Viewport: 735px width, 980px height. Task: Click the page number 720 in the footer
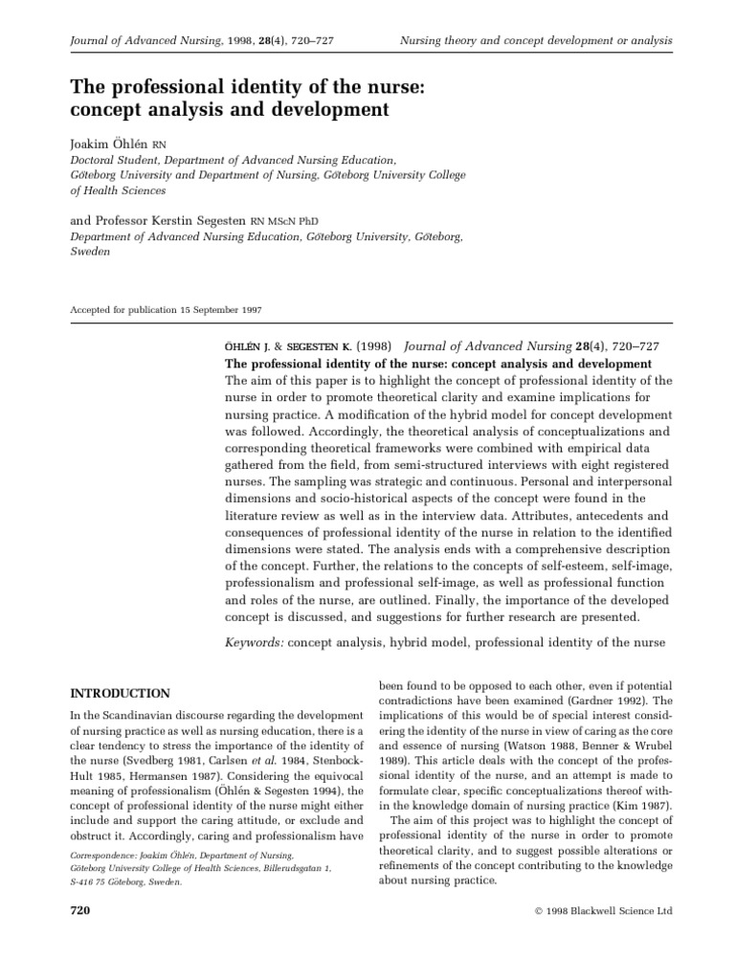80,911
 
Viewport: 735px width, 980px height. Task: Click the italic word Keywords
254,645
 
